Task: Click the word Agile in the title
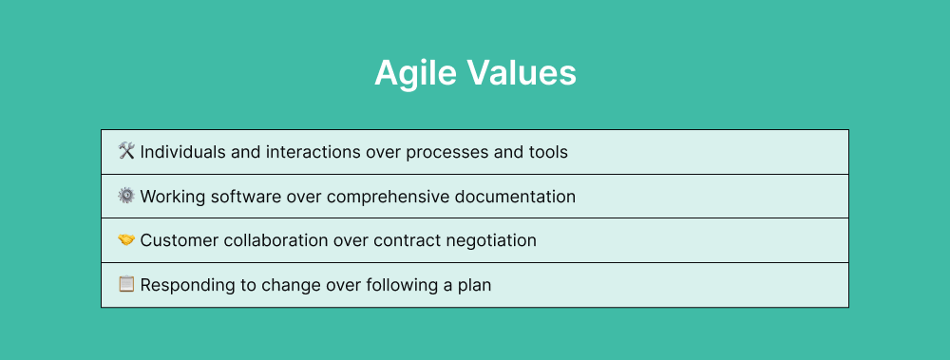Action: coord(413,73)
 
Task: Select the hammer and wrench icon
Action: coord(126,151)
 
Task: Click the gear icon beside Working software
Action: coord(126,196)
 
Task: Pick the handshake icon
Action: coord(126,240)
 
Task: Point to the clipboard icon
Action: coord(126,284)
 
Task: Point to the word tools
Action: coord(547,152)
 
